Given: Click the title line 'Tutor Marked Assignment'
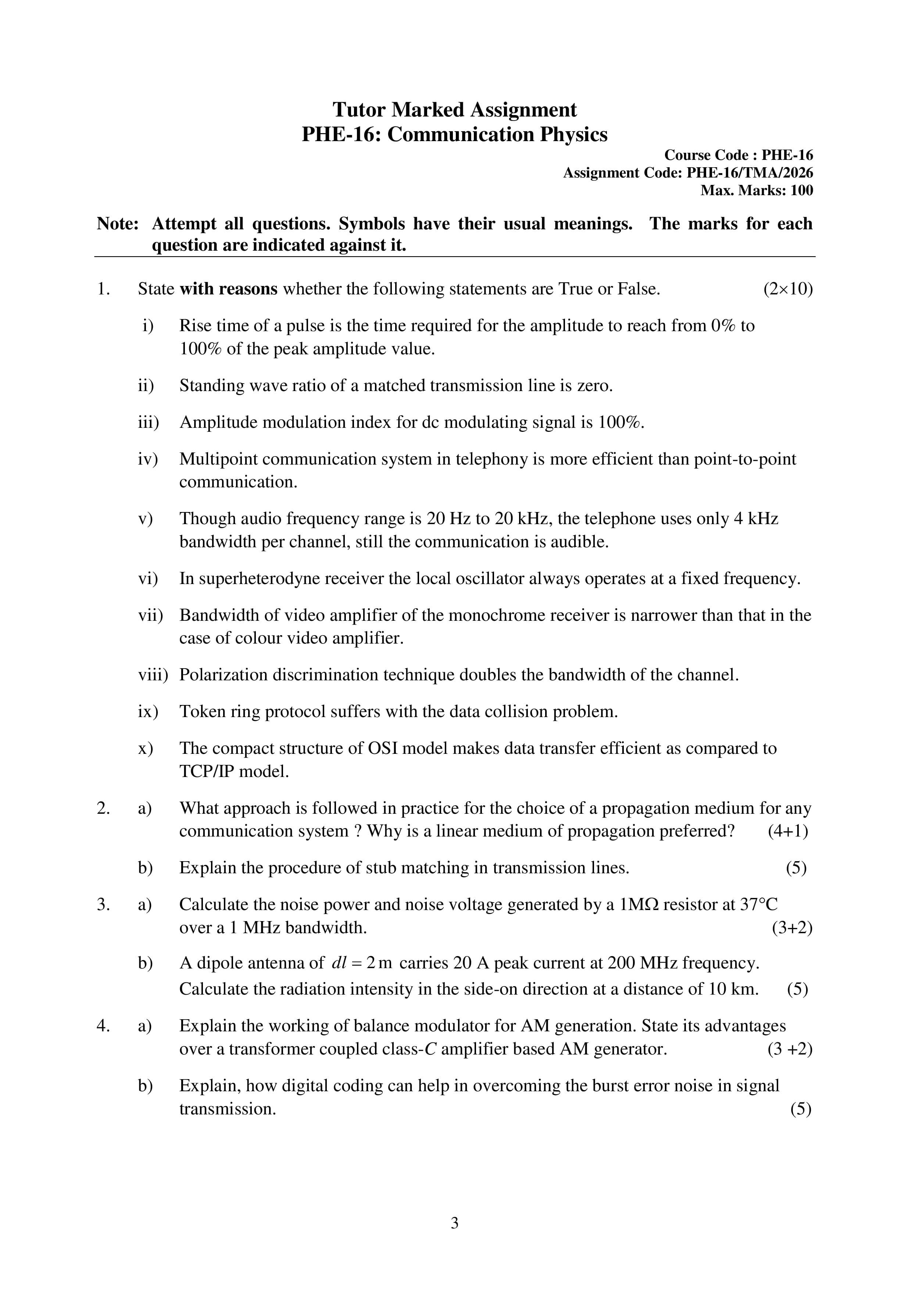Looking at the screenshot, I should point(454,110).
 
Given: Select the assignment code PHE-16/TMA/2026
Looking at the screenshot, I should point(749,173).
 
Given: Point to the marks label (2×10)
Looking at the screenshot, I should point(787,289).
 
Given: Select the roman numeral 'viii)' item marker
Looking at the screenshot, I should point(153,675).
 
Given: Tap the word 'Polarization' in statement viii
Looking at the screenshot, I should point(223,675).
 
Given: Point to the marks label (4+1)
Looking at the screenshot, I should point(787,831).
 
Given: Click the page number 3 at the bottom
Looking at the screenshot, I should point(454,1223).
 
